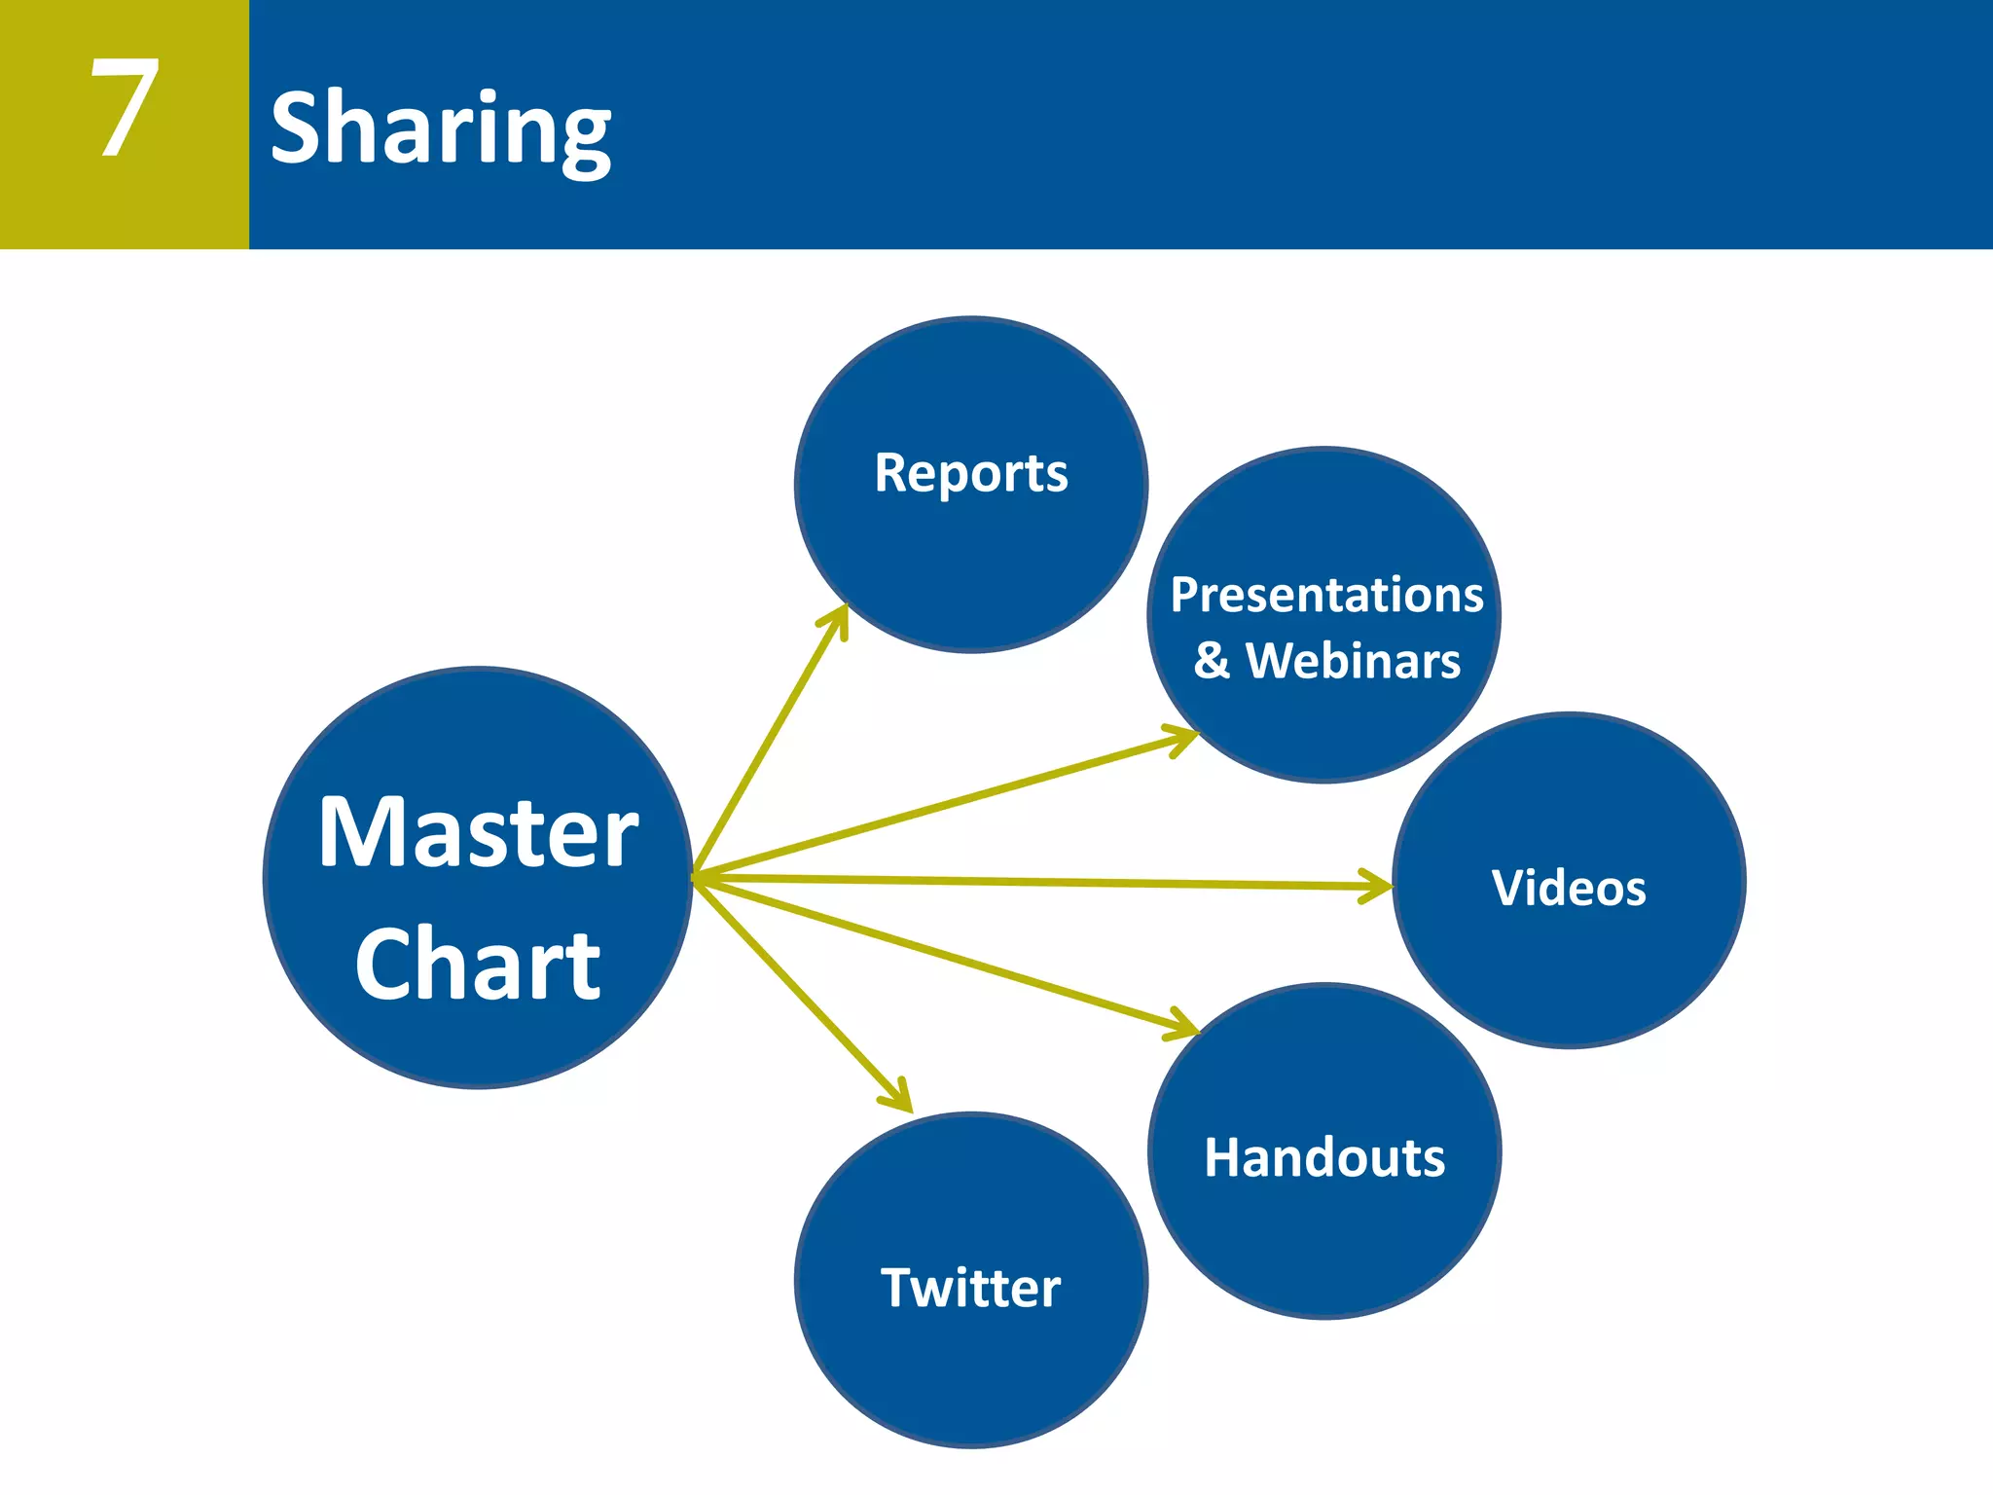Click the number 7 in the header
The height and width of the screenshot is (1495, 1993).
[125, 107]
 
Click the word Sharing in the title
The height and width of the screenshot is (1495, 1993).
[440, 128]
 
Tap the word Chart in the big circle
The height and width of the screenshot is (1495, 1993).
[478, 964]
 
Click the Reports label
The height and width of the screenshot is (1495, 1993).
[971, 473]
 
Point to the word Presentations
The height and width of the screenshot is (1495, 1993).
[1326, 595]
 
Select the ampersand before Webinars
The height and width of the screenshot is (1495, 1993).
[1212, 661]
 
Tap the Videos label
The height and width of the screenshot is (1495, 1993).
[1569, 888]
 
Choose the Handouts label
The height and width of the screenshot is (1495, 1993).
[1324, 1157]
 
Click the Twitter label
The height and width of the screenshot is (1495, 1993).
[971, 1288]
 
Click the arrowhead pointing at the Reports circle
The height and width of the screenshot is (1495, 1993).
[840, 618]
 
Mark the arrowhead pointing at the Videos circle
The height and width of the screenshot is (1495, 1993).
[1380, 886]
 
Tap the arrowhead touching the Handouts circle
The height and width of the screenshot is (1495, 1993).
[1185, 1026]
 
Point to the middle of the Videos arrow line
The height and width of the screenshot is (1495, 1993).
[1041, 882]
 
